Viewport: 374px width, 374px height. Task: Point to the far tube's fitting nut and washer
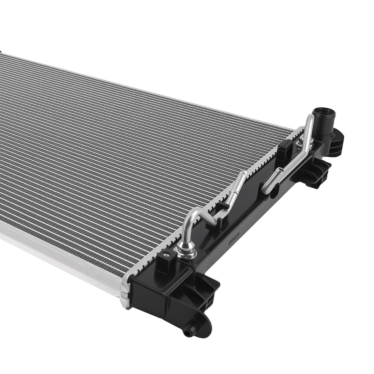point(300,142)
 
